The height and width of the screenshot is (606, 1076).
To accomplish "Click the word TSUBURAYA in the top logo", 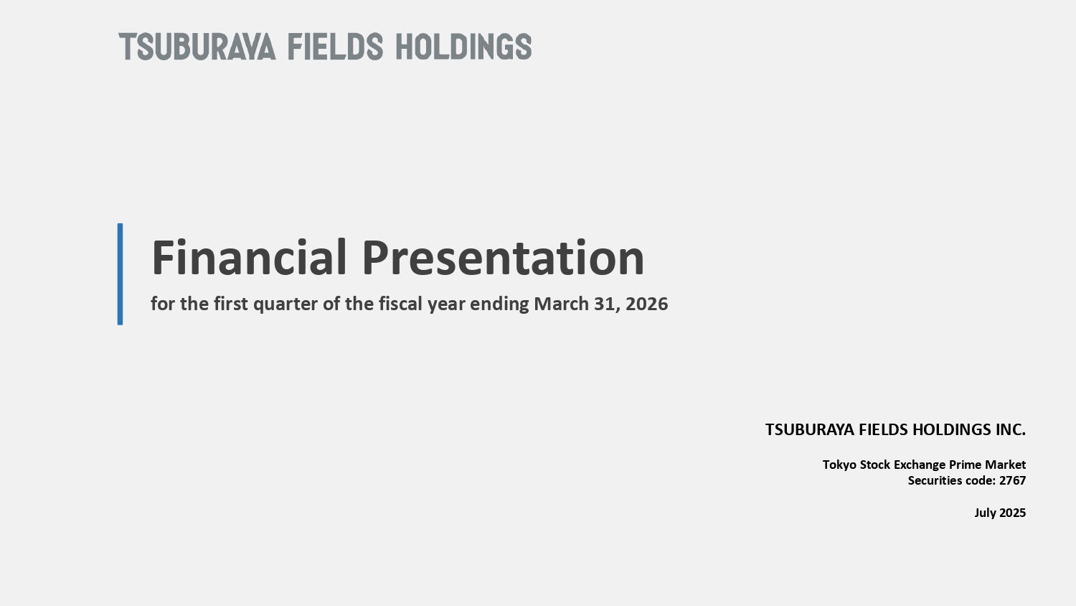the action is [197, 47].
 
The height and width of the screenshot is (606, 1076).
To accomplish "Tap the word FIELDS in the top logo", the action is [335, 47].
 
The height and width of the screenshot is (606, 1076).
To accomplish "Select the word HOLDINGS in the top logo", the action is [463, 47].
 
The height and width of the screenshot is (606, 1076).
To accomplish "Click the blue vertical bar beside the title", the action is [120, 274].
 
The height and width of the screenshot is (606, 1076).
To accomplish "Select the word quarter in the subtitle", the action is [285, 304].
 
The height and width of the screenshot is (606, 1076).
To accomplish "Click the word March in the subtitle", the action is [561, 304].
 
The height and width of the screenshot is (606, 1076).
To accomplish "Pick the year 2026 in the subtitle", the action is [646, 304].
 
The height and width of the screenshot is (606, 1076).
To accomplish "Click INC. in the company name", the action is [1010, 429].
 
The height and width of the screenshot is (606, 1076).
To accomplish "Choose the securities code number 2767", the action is [1013, 480].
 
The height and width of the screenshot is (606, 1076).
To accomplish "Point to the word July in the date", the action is [985, 513].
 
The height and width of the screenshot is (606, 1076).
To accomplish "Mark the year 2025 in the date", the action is [1013, 513].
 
